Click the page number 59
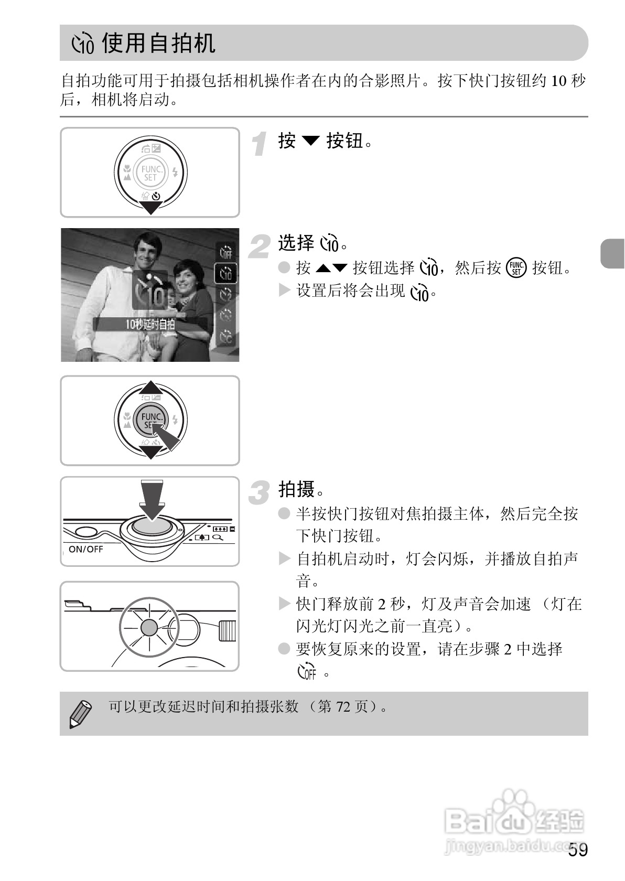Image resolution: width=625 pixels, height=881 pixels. pos(578,850)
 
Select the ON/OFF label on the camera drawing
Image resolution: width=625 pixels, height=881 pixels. pos(85,549)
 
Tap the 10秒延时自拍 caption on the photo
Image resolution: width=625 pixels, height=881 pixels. pos(149,324)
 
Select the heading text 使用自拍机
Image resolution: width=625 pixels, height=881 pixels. pos(158,42)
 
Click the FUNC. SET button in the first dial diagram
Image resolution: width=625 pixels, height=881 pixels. pos(150,173)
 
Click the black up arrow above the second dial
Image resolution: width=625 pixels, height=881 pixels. pos(150,387)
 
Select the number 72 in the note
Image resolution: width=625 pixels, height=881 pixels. pos(343,707)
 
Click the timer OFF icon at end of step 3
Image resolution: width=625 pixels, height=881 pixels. pos(307,671)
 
